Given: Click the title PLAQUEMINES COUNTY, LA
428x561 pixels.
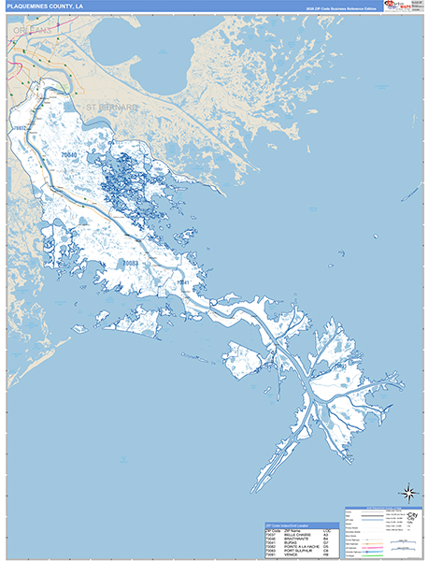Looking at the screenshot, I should click(x=46, y=7).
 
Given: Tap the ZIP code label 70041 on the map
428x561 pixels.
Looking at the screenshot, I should click(x=184, y=281).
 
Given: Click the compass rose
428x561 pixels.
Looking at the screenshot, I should click(x=408, y=493).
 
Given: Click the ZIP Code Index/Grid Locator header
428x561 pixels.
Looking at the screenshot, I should click(x=290, y=525).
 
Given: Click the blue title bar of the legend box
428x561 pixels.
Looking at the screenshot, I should click(x=381, y=509).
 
